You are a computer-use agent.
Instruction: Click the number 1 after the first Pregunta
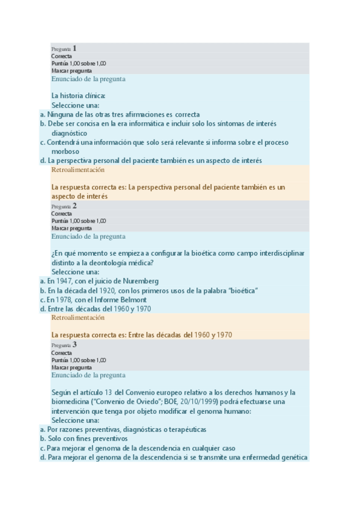coord(75,48)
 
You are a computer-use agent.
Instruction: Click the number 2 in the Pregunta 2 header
coord(75,206)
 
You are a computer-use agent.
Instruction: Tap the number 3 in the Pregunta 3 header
coord(75,345)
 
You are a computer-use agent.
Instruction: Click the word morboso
coord(65,152)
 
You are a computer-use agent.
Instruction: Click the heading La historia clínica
coord(79,96)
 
